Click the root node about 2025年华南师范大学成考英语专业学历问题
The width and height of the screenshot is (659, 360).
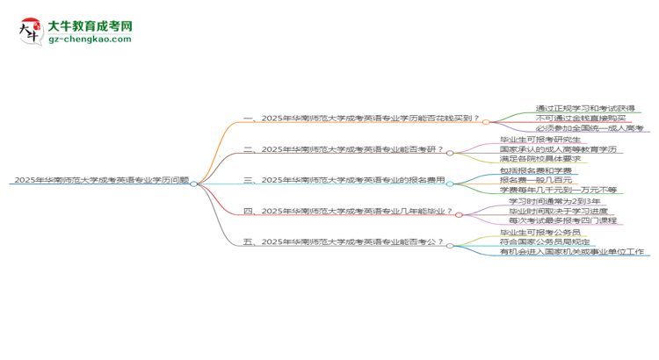(101, 181)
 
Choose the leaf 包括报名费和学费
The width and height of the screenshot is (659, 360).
(524, 169)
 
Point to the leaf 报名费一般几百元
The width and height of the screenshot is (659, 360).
(524, 179)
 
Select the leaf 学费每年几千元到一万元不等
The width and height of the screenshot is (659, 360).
(546, 190)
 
